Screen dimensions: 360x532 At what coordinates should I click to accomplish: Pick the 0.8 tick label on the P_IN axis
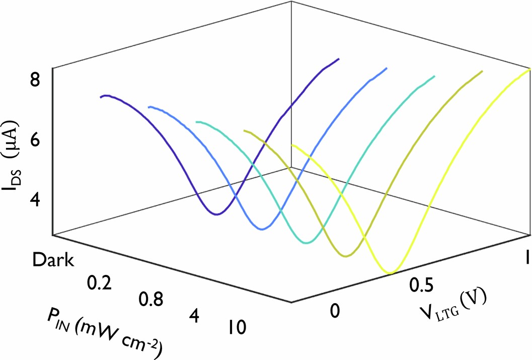click(x=150, y=300)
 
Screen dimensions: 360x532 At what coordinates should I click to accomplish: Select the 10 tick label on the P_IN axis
click(x=235, y=328)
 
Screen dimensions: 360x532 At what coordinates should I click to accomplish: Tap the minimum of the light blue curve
click(x=262, y=229)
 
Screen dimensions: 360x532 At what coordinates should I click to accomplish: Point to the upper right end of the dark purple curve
click(x=338, y=59)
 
